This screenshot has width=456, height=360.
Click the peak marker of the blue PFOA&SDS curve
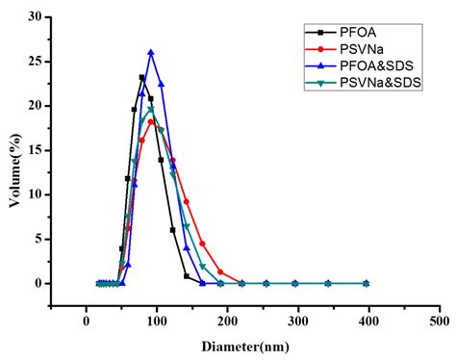[151, 52]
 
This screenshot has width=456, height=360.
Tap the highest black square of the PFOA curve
[142, 78]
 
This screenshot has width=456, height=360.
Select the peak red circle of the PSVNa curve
[151, 121]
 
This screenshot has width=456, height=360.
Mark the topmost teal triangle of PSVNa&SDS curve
[151, 109]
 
